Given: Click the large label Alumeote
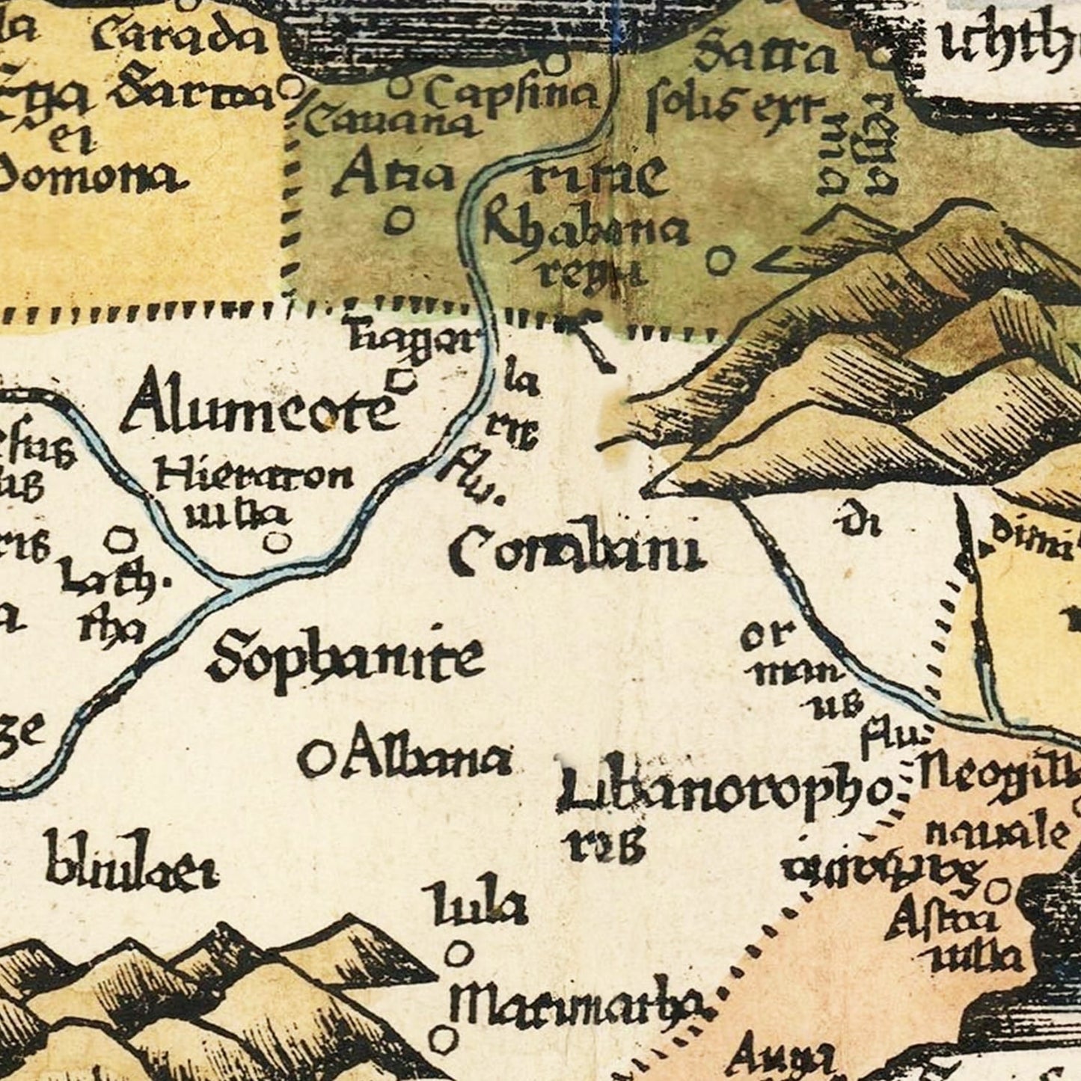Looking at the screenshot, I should [x=258, y=408].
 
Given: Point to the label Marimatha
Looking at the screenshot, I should [x=580, y=1003].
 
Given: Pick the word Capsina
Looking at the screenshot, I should [x=512, y=96].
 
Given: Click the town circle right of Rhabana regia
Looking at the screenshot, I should [x=719, y=261].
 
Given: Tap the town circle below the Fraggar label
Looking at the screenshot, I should [x=404, y=381].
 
